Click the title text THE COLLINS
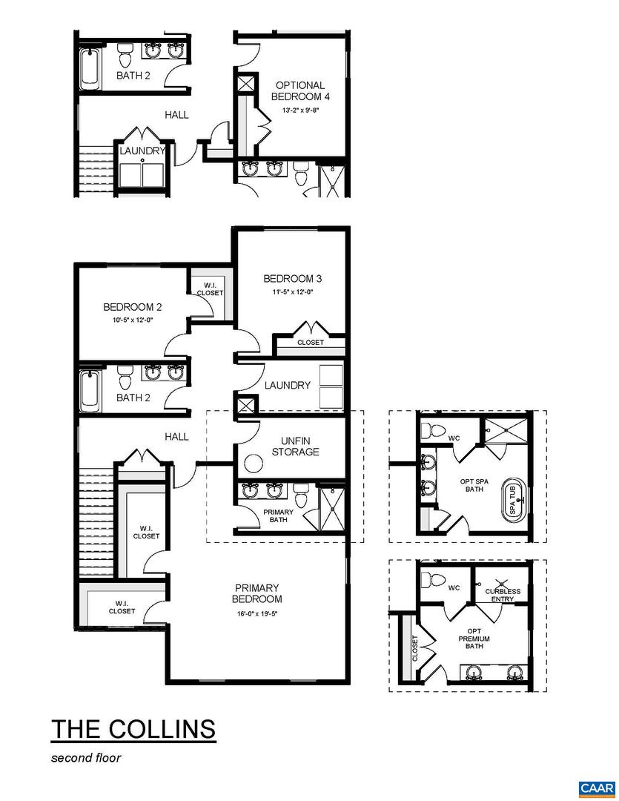[133, 728]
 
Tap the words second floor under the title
[85, 757]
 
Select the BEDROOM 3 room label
[292, 279]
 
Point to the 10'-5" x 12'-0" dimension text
[132, 320]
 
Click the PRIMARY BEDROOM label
[256, 593]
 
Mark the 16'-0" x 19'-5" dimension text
[256, 613]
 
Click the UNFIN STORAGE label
[295, 446]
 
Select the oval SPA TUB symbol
[511, 499]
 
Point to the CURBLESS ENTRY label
[503, 595]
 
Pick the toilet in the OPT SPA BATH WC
[434, 430]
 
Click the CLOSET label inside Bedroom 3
[310, 343]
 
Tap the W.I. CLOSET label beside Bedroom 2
[210, 289]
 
